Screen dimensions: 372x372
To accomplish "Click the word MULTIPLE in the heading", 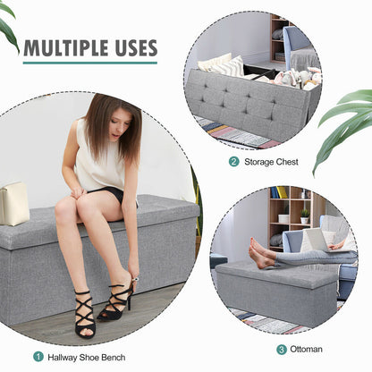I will click(63, 48).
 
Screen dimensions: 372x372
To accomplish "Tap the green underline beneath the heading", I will click(89, 63).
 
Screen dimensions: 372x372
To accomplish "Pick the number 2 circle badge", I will click(234, 162).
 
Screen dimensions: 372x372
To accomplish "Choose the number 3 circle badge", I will click(282, 349).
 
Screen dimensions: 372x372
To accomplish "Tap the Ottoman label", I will click(307, 349).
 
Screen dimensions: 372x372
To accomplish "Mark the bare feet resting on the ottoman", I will click(262, 254).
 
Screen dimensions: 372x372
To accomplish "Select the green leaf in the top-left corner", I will click(7, 27).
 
